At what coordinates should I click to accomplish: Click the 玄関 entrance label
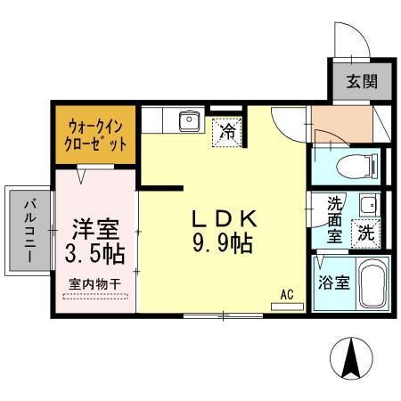point(362,83)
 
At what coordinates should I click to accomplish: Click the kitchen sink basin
point(188,120)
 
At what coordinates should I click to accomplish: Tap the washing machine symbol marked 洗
point(365,233)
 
